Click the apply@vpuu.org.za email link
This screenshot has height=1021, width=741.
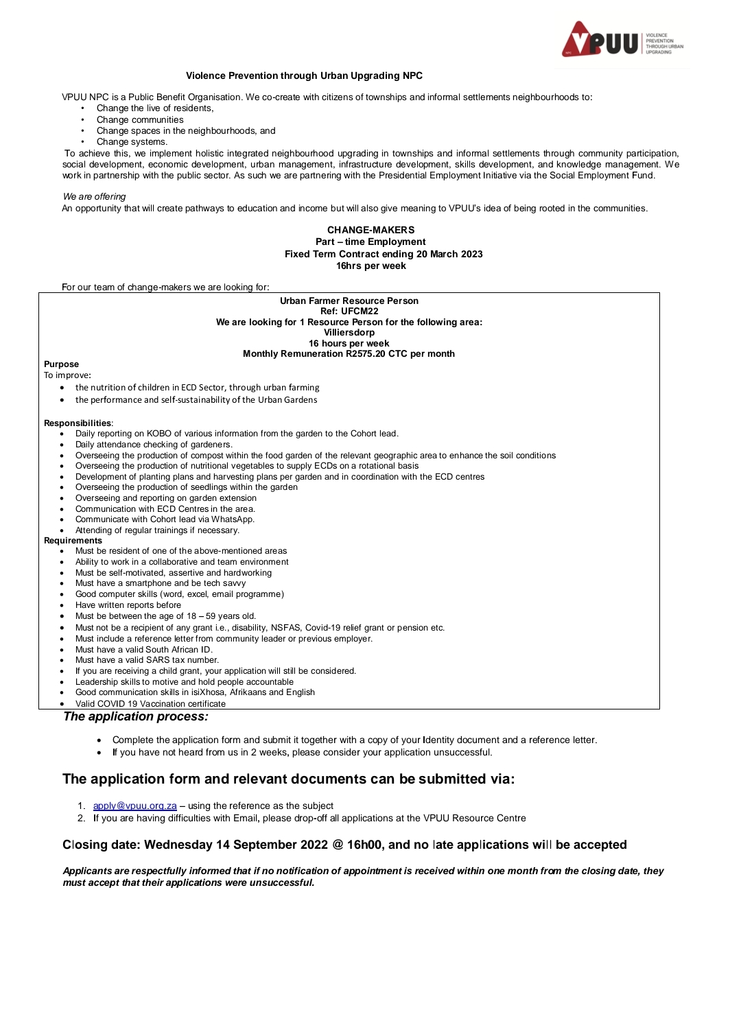134,806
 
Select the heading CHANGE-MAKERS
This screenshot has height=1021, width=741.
370,230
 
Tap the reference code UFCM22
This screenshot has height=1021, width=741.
360,311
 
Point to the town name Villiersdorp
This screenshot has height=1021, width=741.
349,332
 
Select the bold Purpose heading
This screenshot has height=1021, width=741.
61,364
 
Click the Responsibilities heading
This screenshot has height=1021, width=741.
77,423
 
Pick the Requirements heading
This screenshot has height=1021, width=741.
73,540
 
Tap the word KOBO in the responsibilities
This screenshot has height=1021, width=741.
156,433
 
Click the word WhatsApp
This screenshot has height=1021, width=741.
232,519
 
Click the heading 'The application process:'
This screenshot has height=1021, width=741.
135,716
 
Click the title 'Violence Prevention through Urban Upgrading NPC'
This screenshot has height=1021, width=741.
304,75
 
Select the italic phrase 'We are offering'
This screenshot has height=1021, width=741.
94,196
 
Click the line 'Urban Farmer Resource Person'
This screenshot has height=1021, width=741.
349,301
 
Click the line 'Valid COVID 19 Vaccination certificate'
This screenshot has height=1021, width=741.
150,703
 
